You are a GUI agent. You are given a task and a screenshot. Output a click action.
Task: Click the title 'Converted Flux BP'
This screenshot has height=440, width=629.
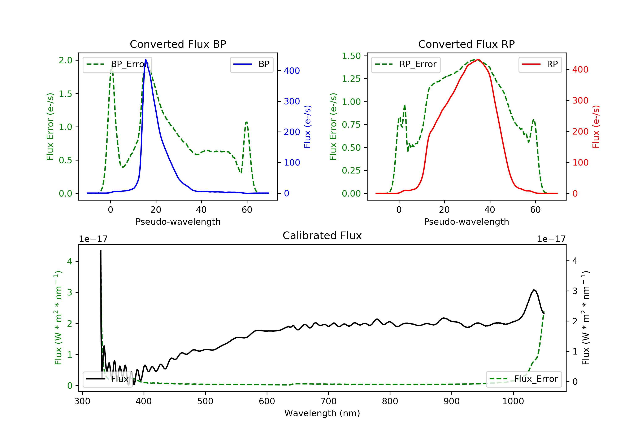click(178, 44)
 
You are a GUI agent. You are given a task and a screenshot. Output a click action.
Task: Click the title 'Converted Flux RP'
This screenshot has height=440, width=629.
click(466, 44)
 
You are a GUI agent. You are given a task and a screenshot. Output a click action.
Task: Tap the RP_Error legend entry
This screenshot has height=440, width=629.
click(406, 64)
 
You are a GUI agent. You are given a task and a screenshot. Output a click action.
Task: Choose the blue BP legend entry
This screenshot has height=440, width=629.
click(251, 64)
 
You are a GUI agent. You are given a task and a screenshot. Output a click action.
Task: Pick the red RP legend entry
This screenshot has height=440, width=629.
click(540, 64)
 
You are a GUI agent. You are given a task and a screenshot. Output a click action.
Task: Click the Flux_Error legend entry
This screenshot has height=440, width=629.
click(524, 379)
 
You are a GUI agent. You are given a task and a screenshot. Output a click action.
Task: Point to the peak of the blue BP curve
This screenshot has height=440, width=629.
click(146, 60)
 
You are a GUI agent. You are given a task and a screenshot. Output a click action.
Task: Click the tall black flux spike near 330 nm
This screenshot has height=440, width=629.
click(101, 251)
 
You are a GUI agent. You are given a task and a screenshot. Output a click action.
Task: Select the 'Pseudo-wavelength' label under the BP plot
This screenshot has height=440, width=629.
click(178, 221)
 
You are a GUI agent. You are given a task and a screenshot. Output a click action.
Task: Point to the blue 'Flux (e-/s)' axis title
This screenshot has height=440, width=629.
click(307, 127)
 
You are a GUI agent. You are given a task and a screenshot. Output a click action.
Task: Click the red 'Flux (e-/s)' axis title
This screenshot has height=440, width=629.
click(596, 127)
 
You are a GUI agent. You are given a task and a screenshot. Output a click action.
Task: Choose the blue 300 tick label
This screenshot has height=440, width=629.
click(292, 101)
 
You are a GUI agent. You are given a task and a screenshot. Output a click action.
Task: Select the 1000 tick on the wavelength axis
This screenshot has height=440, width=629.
click(513, 401)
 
